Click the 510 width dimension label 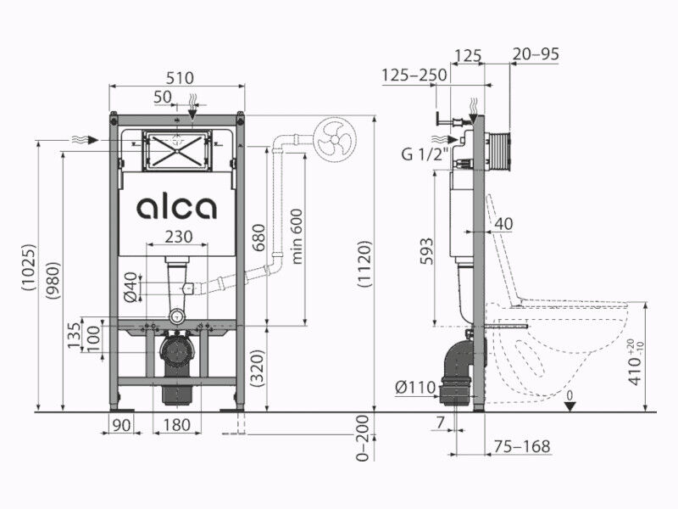[x=180, y=78]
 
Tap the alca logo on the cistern [x=177, y=208]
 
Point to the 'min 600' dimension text [x=297, y=237]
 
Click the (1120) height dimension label [x=364, y=264]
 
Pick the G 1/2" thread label [x=425, y=154]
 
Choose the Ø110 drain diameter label [x=415, y=387]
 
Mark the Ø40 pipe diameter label [x=131, y=287]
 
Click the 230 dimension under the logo [x=179, y=237]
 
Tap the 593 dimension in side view [x=426, y=250]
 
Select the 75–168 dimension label [x=523, y=446]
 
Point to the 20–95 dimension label [x=536, y=54]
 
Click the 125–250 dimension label [x=414, y=75]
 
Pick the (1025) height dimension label [x=30, y=267]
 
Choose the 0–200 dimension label [x=363, y=438]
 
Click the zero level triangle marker [x=570, y=406]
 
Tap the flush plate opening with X [x=176, y=150]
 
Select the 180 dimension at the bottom [x=177, y=425]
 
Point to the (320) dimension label [x=258, y=367]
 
